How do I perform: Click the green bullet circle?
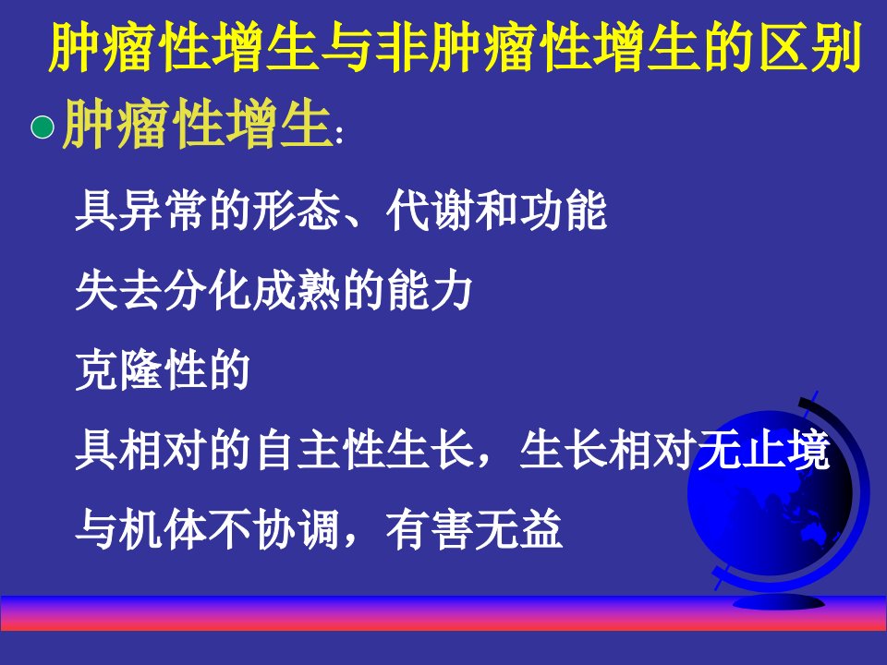tap(43, 127)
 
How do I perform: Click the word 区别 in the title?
tap(810, 47)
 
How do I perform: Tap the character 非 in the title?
tap(399, 47)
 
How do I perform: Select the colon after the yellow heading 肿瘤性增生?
tap(339, 136)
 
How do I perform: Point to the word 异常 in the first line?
tap(140, 211)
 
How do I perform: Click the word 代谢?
tap(431, 211)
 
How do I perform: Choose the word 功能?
tap(564, 211)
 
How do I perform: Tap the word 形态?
tap(297, 211)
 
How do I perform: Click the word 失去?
tap(119, 291)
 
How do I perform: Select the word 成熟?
tap(297, 291)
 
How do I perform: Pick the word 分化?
tap(208, 291)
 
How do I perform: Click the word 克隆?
tap(119, 370)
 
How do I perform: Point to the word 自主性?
tap(319, 451)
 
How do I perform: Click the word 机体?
tap(163, 530)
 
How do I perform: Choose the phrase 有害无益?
tap(475, 530)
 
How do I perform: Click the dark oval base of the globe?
tap(779, 601)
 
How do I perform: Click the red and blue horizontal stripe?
tap(443, 613)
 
